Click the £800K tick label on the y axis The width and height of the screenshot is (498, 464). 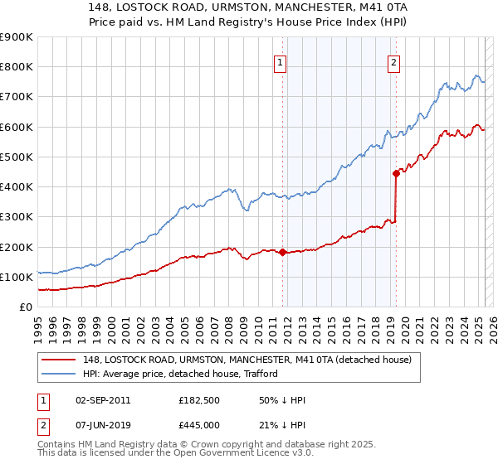(17, 66)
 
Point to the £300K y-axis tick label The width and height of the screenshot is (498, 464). (17, 217)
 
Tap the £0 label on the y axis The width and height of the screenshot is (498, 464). (27, 307)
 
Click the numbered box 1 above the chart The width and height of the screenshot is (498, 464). (281, 62)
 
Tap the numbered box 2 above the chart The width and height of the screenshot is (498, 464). (393, 62)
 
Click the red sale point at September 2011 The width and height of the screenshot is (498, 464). (282, 252)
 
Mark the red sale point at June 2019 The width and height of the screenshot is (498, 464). (396, 173)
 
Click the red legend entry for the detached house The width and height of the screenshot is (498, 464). (241, 359)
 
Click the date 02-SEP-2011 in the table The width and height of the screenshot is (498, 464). (103, 400)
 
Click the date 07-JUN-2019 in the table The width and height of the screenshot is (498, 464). (103, 424)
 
